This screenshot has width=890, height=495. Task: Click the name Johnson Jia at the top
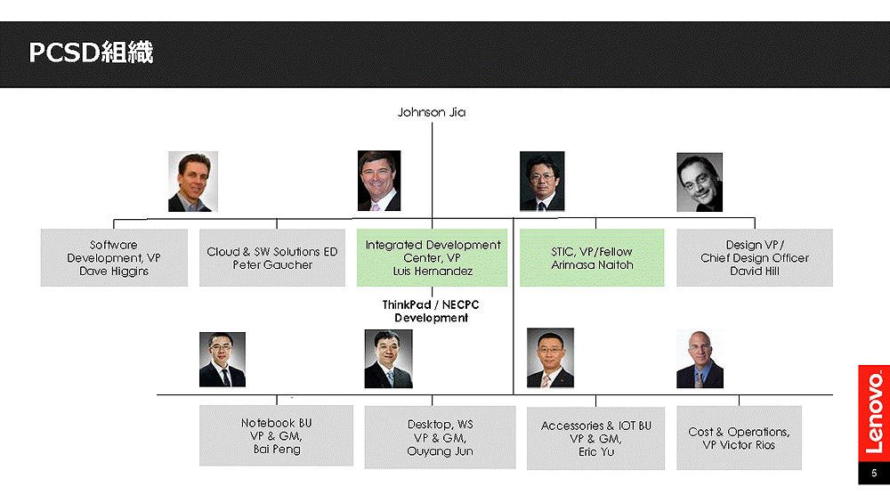click(432, 112)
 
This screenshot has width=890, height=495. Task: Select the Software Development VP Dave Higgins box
click(114, 257)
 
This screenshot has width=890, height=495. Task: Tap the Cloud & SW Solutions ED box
click(271, 257)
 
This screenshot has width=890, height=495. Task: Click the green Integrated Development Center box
click(432, 257)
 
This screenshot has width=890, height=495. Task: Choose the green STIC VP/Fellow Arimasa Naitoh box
click(592, 257)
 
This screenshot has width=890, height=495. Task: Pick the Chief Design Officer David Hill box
click(755, 257)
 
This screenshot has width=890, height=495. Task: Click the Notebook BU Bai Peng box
click(276, 435)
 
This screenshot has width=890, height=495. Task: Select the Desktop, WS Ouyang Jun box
click(440, 437)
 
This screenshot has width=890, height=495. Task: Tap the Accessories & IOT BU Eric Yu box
click(595, 438)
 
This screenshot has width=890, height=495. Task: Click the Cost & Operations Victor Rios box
click(739, 438)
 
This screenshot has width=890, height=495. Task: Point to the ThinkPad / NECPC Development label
click(431, 311)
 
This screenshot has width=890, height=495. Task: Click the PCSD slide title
click(91, 53)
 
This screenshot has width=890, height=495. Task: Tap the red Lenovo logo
click(874, 414)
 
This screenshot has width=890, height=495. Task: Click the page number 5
click(874, 473)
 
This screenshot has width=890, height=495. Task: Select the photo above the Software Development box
click(193, 182)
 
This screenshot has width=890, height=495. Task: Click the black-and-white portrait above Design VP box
click(700, 183)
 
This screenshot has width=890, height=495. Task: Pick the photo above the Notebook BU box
click(222, 360)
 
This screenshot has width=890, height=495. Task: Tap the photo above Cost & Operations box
click(700, 360)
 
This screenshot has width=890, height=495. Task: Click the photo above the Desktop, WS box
click(388, 360)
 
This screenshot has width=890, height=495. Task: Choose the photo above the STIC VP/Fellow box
click(542, 181)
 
